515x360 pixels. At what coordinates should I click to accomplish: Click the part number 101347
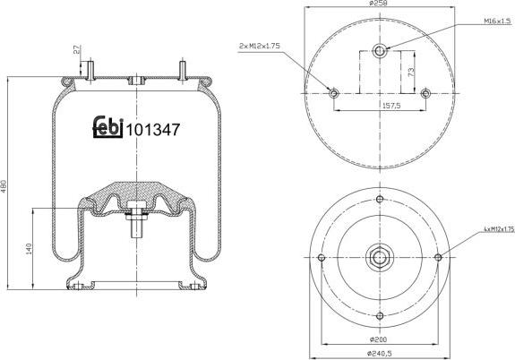pyautogui.click(x=154, y=129)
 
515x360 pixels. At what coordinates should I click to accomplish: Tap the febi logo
pyautogui.click(x=107, y=128)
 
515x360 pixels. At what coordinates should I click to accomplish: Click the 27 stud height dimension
pyautogui.click(x=78, y=51)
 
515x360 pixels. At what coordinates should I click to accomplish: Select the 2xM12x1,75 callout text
pyautogui.click(x=261, y=45)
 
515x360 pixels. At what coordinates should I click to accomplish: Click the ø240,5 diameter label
pyautogui.click(x=379, y=354)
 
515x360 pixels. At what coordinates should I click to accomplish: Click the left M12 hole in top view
pyautogui.click(x=333, y=92)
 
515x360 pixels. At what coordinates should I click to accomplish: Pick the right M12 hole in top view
pyautogui.click(x=425, y=92)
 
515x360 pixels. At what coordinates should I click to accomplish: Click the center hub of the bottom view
pyautogui.click(x=379, y=258)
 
